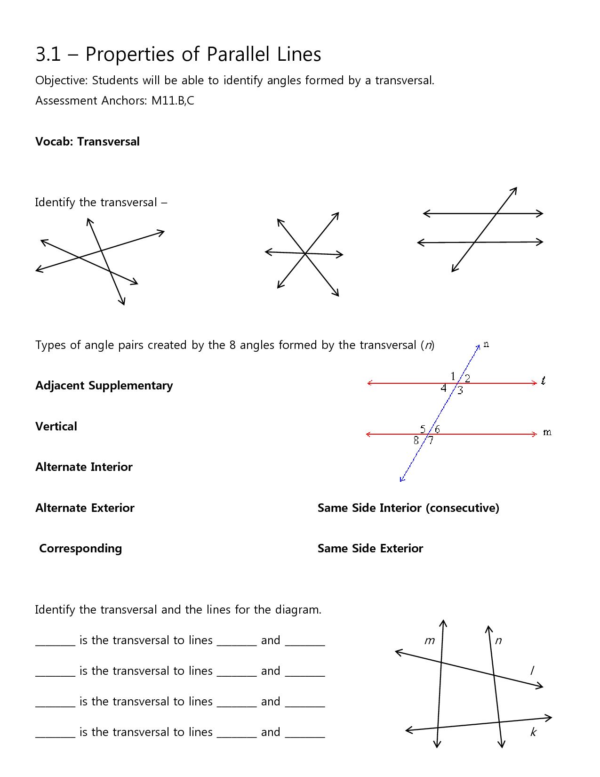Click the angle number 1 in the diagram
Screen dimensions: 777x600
[453, 376]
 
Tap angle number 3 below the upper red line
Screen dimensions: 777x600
[460, 390]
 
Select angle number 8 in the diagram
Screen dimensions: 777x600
[416, 440]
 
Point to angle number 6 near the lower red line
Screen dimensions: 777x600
[437, 429]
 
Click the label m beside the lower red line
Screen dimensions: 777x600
[547, 432]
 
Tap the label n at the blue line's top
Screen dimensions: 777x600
[486, 344]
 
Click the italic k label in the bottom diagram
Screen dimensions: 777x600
[533, 732]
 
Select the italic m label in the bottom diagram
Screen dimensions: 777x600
[430, 640]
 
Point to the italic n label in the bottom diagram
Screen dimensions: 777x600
[498, 640]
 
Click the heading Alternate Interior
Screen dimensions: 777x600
[84, 467]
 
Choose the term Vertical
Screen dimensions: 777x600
[56, 426]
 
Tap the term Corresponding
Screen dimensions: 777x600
[80, 548]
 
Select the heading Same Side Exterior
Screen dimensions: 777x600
[370, 548]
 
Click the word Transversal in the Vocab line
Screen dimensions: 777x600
[108, 141]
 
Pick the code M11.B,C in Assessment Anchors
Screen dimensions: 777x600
[173, 100]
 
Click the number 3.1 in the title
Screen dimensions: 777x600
[48, 54]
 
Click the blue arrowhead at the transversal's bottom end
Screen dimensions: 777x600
[401, 479]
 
